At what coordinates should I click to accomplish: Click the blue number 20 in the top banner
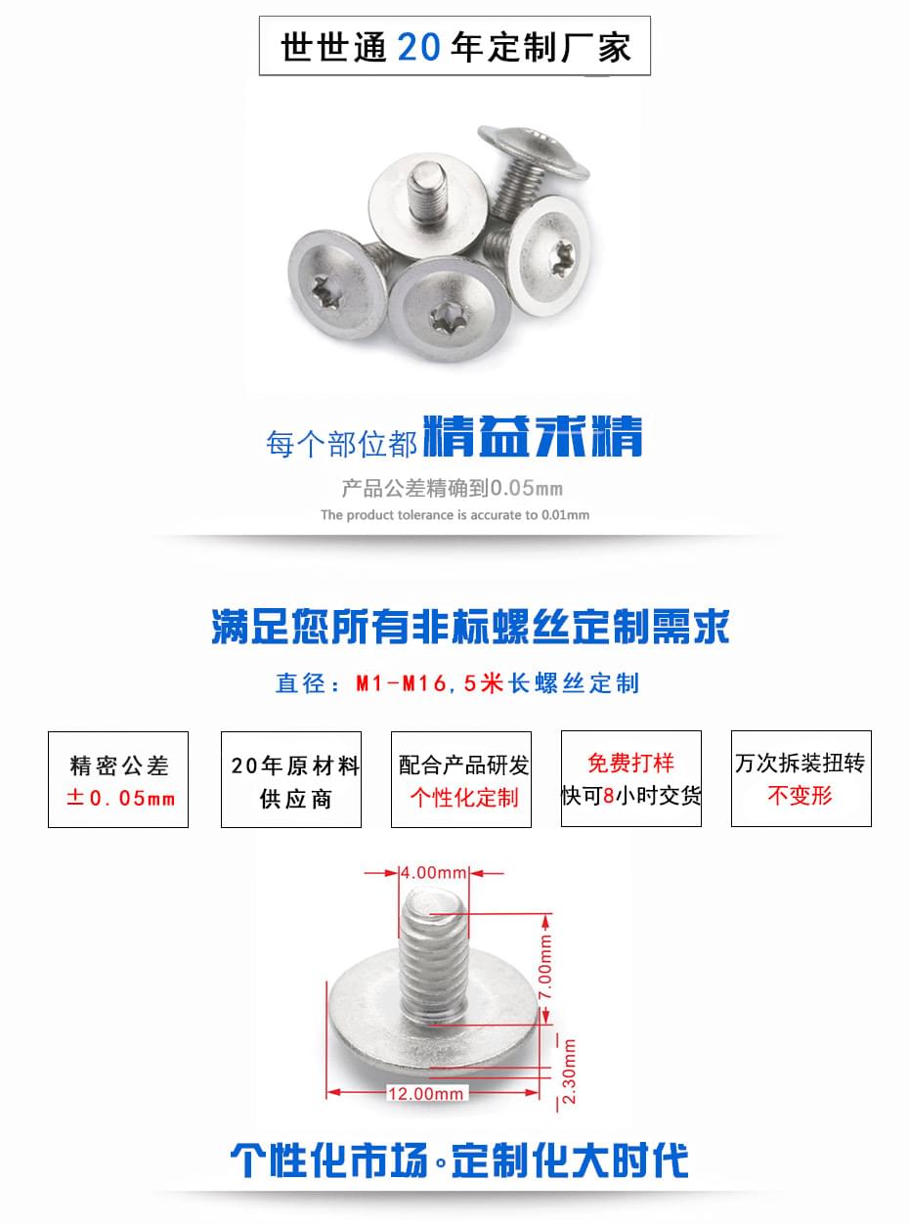[418, 47]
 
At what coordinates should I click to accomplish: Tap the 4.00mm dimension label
[434, 873]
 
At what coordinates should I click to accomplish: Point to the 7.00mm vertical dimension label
[545, 967]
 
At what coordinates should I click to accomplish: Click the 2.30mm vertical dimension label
[569, 1072]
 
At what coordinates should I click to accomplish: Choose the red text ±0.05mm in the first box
[120, 798]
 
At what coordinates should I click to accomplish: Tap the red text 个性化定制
[464, 797]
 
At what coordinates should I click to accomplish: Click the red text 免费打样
[630, 763]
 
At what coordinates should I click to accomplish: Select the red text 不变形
[800, 795]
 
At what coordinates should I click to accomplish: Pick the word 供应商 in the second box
[295, 799]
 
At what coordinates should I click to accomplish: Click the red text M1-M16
[401, 683]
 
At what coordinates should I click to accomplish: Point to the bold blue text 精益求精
[533, 437]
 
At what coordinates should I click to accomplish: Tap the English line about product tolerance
[455, 515]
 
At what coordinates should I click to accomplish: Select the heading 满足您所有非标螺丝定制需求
[470, 627]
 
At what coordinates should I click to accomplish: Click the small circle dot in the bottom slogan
[440, 1160]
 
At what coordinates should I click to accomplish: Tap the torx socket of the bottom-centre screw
[445, 318]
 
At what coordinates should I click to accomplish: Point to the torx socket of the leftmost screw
[325, 288]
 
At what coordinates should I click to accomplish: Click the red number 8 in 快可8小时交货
[609, 795]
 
